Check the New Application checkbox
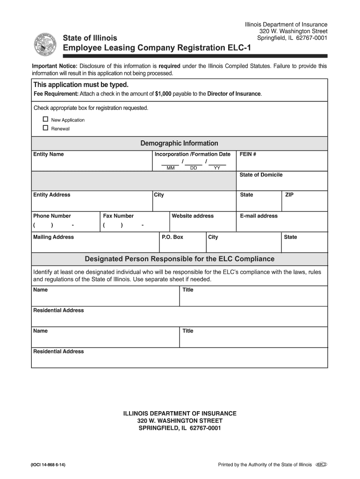(45, 119)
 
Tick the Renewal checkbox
(45, 128)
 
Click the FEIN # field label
(248, 154)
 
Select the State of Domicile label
(261, 175)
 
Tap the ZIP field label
(289, 195)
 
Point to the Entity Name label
(48, 154)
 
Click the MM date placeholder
(170, 168)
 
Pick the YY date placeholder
(217, 168)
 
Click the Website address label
(193, 216)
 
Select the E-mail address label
(259, 216)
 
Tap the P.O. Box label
(173, 237)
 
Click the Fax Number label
(118, 216)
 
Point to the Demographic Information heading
(179, 143)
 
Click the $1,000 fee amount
(163, 94)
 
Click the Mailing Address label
(53, 237)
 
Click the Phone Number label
(52, 216)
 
